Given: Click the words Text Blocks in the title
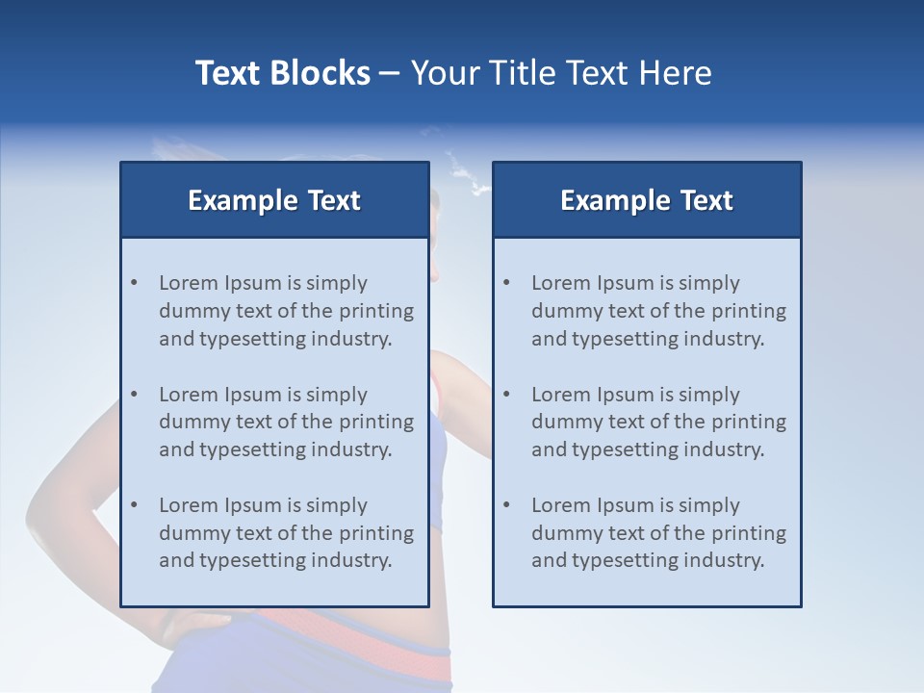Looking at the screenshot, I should pos(282,73).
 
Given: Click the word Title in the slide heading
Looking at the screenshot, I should pos(521,73).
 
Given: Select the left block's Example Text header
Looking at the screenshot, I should pos(274,200).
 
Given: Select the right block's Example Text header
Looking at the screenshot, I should pos(647,200).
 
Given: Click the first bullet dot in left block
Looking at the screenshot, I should pos(134,283).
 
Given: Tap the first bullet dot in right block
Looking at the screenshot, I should pos(506,283).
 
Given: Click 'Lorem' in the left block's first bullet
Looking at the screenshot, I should pos(189,283).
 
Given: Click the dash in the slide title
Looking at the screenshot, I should pos(391,73).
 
